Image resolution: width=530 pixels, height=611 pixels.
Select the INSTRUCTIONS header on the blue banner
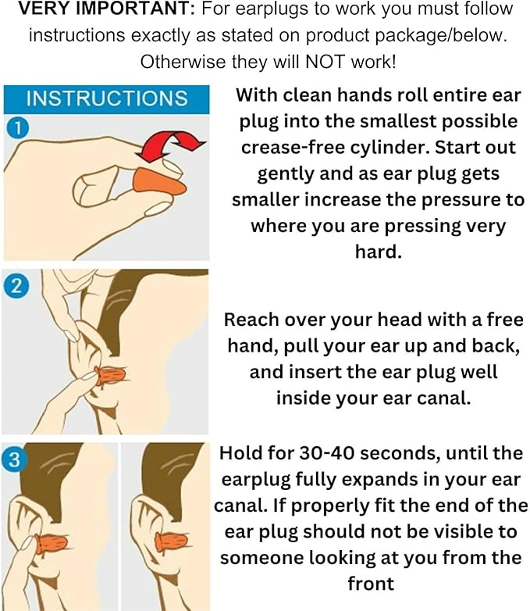(x=107, y=98)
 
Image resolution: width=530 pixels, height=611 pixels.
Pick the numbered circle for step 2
(x=16, y=286)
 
